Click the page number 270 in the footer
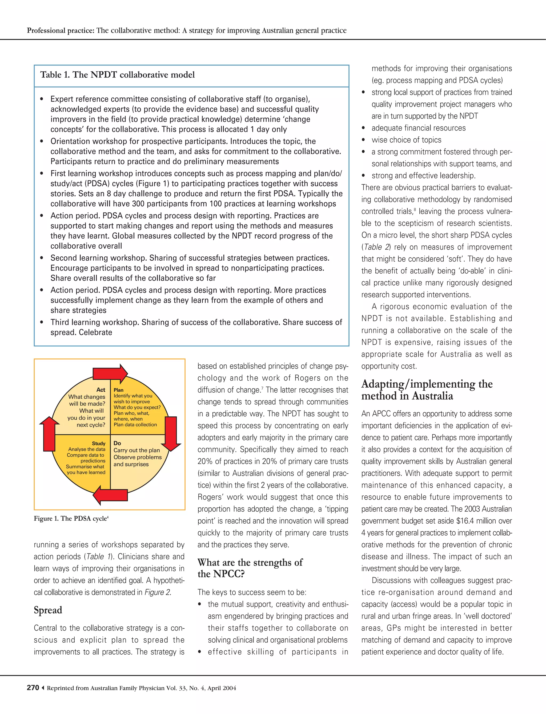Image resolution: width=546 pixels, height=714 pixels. coord(33,688)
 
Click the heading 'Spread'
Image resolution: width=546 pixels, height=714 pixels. coord(48,610)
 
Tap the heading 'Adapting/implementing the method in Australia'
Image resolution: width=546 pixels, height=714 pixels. coord(427,390)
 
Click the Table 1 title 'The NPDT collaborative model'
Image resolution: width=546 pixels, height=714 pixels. coord(117,75)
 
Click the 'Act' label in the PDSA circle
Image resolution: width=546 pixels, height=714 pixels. coord(101,390)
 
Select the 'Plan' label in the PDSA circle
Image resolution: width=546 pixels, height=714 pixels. coord(119,390)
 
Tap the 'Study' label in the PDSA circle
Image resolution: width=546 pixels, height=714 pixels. coord(98,443)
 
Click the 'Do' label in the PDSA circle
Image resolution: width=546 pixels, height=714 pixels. coord(117,443)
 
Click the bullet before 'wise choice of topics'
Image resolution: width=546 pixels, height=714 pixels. coord(364,140)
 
